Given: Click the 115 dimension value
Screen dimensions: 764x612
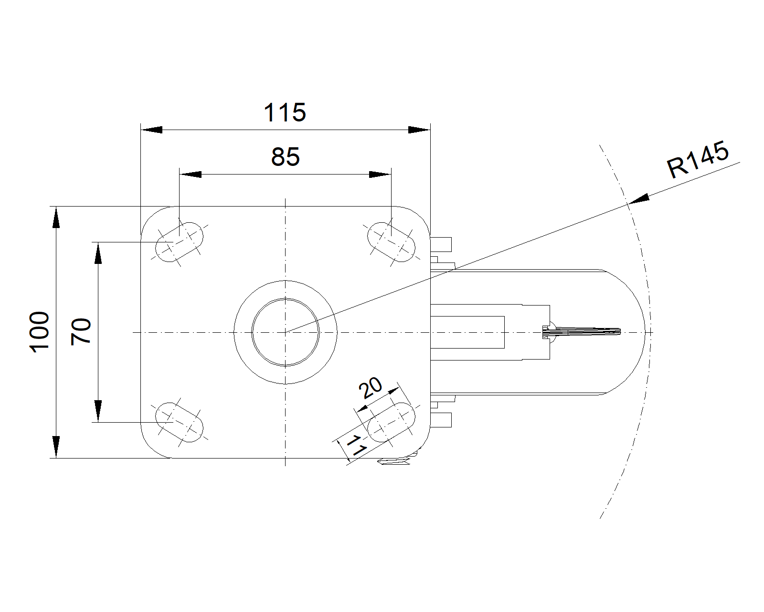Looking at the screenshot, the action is [285, 112].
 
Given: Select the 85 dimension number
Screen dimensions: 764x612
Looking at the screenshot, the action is [286, 157].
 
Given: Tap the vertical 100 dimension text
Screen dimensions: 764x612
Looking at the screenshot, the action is [39, 332].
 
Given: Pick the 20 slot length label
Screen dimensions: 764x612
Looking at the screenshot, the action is [370, 387].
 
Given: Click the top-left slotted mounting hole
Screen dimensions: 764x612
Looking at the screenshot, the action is [180, 242].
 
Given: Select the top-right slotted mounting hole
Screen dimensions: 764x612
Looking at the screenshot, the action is [391, 242].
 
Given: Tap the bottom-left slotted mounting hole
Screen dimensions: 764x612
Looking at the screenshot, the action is [180, 423].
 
